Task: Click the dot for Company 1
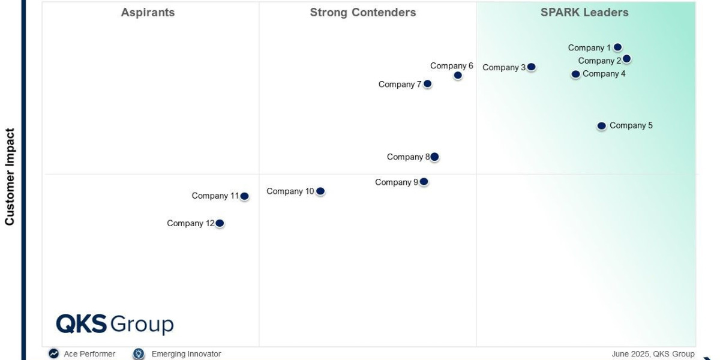point(617,47)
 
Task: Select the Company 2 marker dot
point(626,59)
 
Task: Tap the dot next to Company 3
point(531,67)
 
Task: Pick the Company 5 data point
point(601,126)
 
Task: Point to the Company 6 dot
point(458,76)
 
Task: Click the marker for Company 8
point(434,157)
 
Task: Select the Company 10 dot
point(320,191)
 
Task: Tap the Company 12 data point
point(220,223)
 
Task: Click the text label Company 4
point(604,74)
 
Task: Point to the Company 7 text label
point(400,85)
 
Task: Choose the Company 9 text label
point(397,182)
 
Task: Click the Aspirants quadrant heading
point(148,13)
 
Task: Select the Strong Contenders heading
point(363,13)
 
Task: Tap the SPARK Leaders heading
point(584,13)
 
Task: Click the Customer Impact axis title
point(10,176)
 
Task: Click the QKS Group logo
point(115,324)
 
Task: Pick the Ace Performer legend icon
point(54,354)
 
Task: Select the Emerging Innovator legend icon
point(139,354)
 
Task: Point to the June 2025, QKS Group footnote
point(653,354)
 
